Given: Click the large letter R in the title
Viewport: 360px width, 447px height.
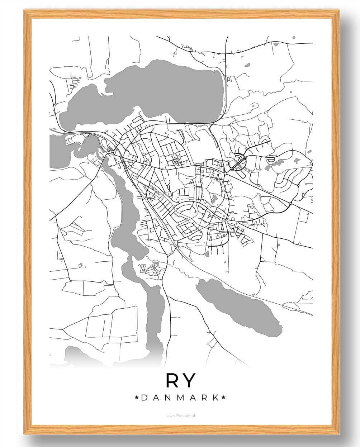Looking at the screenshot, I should click(172, 380).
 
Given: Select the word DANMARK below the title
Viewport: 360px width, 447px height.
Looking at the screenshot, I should click(180, 398).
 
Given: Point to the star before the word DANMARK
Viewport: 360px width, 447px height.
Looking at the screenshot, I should click(136, 397).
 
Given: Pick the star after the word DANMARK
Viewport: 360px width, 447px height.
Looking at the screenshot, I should click(224, 397).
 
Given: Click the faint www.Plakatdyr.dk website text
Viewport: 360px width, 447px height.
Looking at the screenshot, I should click(180, 416).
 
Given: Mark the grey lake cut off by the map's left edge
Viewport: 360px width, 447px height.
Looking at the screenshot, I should click(57, 151).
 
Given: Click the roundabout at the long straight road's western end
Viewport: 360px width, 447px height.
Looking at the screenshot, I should click(225, 173).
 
